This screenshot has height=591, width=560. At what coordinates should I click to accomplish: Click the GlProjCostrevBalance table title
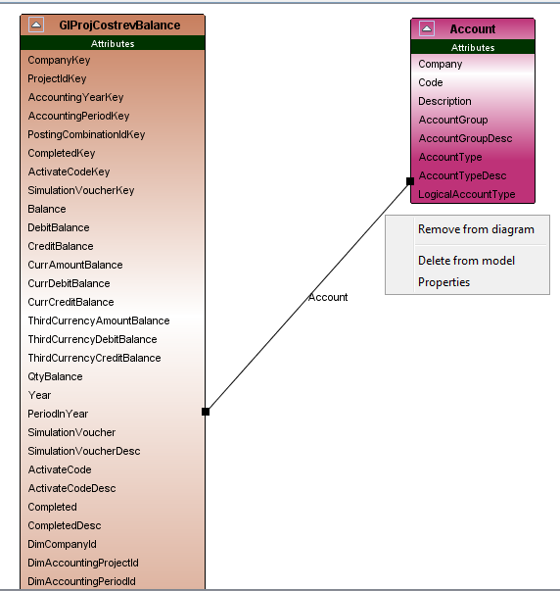click(119, 25)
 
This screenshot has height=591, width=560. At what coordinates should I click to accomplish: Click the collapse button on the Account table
click(427, 28)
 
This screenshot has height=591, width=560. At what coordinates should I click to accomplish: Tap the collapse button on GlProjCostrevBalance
click(36, 25)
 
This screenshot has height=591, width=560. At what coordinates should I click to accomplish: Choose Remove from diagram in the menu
click(476, 229)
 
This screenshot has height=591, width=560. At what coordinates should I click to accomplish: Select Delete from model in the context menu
click(466, 261)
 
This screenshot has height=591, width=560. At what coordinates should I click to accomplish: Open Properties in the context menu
click(444, 282)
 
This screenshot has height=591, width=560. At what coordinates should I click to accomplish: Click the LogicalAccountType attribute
click(467, 194)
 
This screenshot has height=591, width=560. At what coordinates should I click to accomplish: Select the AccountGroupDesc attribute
click(465, 138)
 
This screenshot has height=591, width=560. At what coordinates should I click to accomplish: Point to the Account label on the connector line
click(328, 297)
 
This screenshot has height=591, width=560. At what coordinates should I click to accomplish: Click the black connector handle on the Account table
click(410, 181)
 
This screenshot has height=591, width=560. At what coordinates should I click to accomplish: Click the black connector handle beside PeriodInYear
click(206, 412)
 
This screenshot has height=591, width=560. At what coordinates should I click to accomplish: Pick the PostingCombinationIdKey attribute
click(86, 134)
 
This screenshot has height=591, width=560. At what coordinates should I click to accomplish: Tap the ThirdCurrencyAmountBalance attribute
click(99, 320)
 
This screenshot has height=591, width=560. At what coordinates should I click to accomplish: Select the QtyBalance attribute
click(55, 376)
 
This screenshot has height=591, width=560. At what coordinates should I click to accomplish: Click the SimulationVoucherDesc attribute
click(84, 451)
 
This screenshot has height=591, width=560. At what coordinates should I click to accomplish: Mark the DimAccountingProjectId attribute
click(83, 563)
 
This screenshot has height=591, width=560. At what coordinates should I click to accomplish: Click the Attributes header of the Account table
click(473, 47)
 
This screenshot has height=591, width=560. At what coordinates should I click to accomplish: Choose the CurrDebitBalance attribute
click(69, 283)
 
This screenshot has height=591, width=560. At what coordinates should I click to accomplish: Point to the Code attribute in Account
click(431, 82)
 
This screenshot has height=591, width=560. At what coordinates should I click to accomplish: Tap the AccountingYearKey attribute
click(75, 97)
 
